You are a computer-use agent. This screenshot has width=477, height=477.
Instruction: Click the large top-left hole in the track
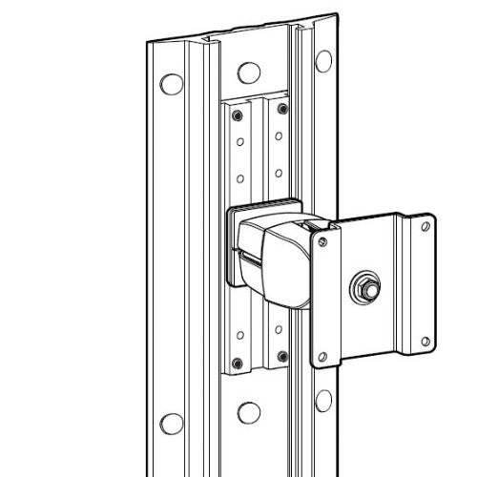(172, 83)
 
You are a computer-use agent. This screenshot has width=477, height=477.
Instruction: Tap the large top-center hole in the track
(248, 72)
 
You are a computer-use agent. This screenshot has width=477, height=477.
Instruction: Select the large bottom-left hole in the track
(172, 423)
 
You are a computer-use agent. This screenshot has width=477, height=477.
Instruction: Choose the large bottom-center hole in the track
(248, 412)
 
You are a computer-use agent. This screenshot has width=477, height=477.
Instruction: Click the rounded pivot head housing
(283, 262)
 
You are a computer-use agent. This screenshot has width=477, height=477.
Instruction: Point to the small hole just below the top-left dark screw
(238, 143)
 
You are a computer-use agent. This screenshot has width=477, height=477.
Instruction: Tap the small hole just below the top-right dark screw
(281, 137)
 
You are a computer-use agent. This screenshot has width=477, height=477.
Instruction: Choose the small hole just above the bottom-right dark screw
(281, 330)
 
